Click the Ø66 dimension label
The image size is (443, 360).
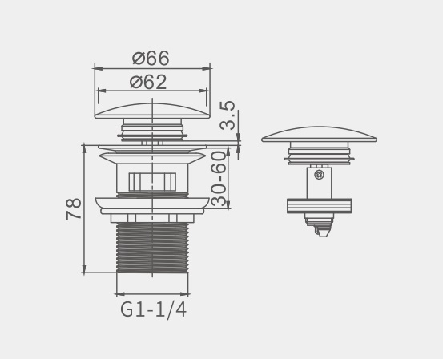(151, 58)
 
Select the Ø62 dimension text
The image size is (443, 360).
(148, 82)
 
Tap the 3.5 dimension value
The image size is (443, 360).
(228, 115)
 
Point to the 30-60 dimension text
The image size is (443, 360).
(219, 179)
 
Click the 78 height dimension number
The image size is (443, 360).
(74, 209)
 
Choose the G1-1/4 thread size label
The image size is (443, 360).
(154, 310)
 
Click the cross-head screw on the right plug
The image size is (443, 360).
(320, 175)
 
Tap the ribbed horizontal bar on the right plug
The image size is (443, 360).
(320, 206)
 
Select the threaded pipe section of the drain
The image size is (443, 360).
(152, 248)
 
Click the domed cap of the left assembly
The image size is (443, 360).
(152, 111)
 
